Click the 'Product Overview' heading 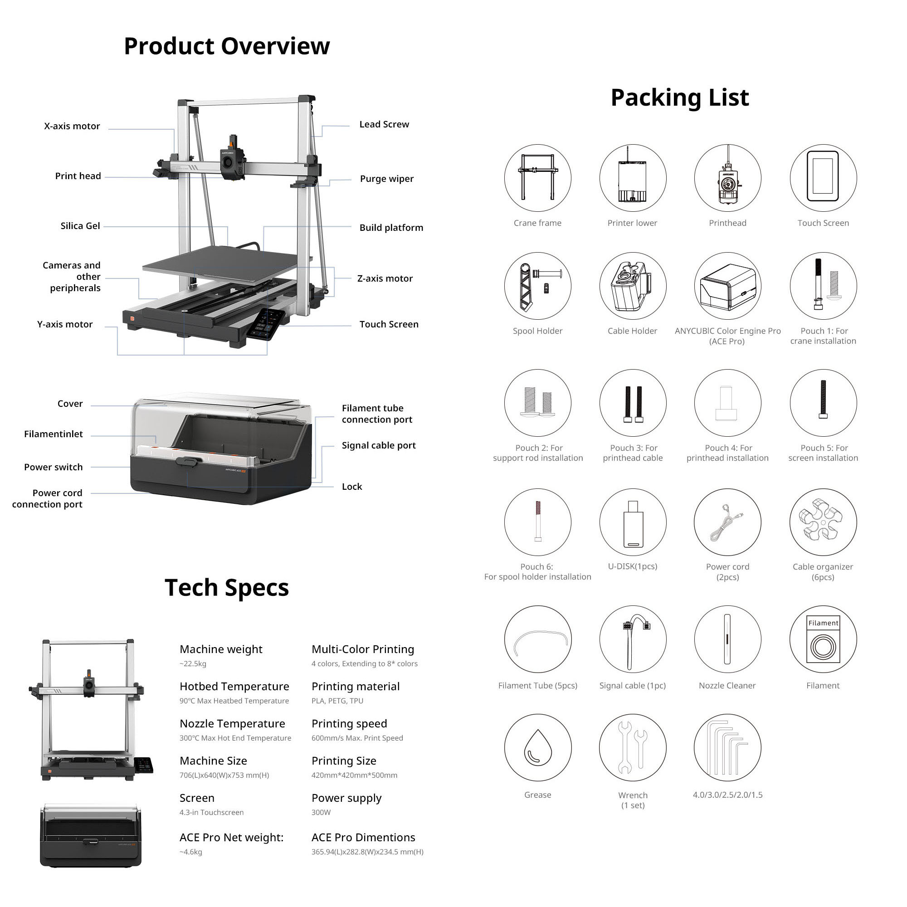(x=227, y=46)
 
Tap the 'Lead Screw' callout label (x=384, y=124)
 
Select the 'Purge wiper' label (x=387, y=179)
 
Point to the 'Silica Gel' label (x=80, y=226)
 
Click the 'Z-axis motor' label (x=385, y=278)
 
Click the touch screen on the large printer (x=265, y=324)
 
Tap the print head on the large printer (x=232, y=158)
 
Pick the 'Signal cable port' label (x=379, y=445)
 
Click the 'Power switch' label (x=54, y=467)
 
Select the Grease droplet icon (x=537, y=747)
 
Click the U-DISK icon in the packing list (x=633, y=524)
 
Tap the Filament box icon (x=823, y=639)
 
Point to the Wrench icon (x=632, y=747)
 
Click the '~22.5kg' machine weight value (x=193, y=664)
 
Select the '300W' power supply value (x=321, y=813)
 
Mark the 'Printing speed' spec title (x=349, y=724)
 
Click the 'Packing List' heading (x=680, y=98)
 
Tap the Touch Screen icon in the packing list (x=823, y=176)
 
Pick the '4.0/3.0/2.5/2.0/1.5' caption (x=728, y=795)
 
